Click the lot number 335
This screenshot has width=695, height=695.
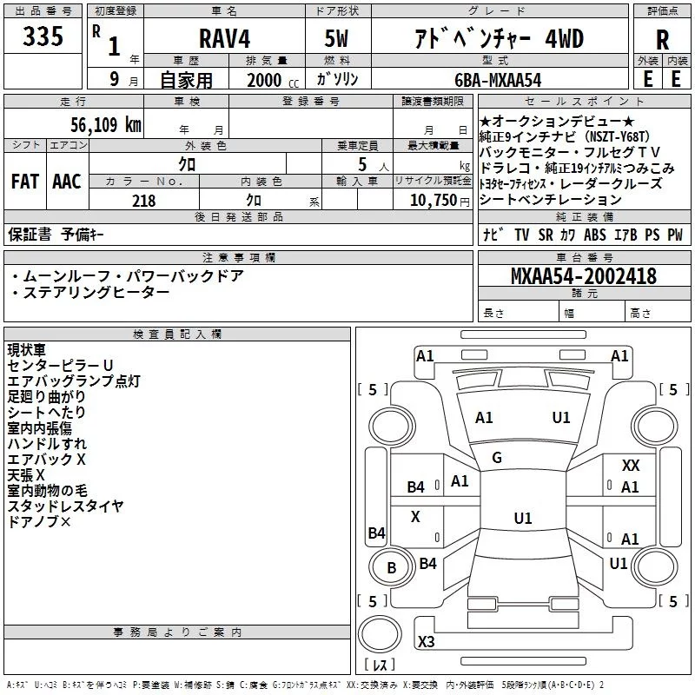click(x=43, y=37)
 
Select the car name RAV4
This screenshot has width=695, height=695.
click(x=223, y=39)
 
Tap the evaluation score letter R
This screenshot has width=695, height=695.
click(x=662, y=40)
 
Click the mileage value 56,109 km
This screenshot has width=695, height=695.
click(x=97, y=124)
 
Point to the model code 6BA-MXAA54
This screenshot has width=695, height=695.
click(x=498, y=79)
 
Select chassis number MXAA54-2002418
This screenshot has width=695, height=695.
click(x=584, y=276)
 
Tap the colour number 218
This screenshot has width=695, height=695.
click(x=144, y=201)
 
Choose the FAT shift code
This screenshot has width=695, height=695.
click(x=24, y=182)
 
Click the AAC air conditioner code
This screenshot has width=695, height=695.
click(x=66, y=182)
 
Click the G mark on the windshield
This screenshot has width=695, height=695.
click(x=497, y=458)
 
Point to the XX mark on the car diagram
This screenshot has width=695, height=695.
click(x=631, y=467)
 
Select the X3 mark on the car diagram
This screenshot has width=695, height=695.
click(x=427, y=642)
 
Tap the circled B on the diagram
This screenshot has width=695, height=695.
click(x=391, y=567)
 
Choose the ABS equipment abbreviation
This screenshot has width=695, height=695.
click(x=595, y=235)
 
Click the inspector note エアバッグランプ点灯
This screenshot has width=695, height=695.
click(x=74, y=381)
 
